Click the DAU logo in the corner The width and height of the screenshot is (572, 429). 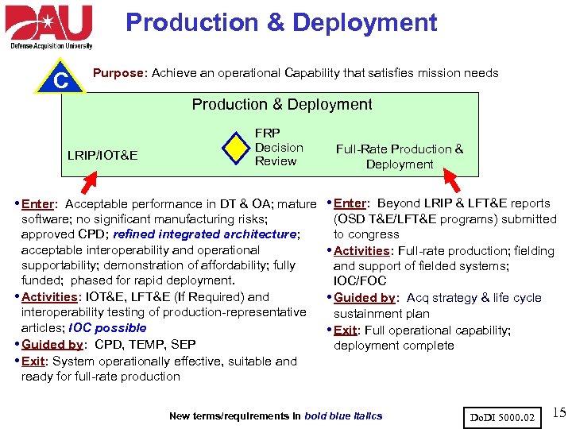click(x=49, y=26)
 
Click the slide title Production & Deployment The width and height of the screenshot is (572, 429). click(x=281, y=22)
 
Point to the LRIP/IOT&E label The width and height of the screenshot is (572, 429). click(x=102, y=154)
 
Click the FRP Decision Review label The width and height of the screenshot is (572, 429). click(x=278, y=147)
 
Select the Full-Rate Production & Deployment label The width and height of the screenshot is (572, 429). click(x=399, y=157)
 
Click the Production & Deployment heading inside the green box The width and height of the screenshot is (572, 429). click(x=282, y=104)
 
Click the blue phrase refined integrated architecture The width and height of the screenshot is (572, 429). click(x=205, y=234)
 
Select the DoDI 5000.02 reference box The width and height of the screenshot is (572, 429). click(x=504, y=415)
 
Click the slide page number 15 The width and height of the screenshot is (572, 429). click(x=558, y=412)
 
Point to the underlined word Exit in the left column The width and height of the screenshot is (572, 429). click(x=34, y=361)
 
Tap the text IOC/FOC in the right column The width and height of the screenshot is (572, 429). click(x=360, y=281)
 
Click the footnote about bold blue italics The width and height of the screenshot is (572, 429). click(x=276, y=415)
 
